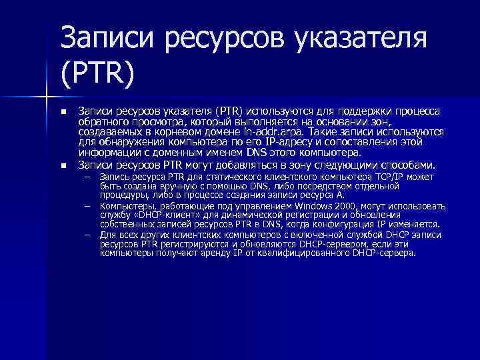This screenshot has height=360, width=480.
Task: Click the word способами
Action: pos(407,165)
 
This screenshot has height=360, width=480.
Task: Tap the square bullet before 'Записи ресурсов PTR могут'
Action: pos(63,165)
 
